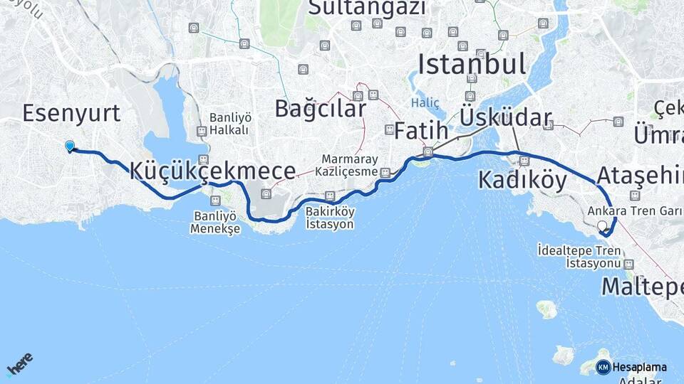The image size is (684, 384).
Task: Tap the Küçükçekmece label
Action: [x=213, y=171]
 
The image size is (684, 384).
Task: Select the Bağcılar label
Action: [x=320, y=109]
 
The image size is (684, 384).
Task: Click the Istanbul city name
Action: [x=472, y=64]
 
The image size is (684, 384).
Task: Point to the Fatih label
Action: [x=421, y=132]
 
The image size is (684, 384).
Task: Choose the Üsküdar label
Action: [x=506, y=117]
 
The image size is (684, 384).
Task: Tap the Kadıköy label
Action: [x=522, y=181]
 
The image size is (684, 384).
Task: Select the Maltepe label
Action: [x=641, y=287]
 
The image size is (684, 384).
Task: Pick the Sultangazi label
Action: [x=367, y=8]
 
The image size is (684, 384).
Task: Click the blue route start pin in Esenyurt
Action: [x=70, y=146]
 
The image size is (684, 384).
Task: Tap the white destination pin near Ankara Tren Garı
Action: [x=604, y=227]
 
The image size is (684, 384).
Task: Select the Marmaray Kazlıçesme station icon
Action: [x=385, y=172]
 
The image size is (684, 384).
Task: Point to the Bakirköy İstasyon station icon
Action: [x=329, y=196]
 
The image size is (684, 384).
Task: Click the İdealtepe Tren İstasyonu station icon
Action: [x=628, y=264]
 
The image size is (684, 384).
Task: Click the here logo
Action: [x=20, y=363]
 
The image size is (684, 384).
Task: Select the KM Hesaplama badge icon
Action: [x=603, y=367]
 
